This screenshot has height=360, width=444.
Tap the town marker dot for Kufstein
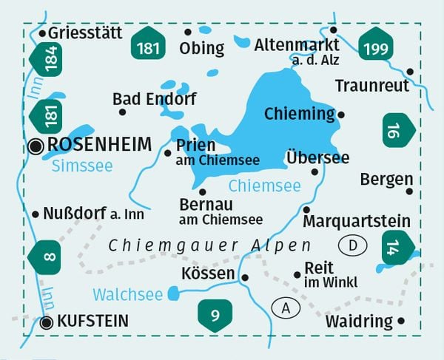(x=47, y=322)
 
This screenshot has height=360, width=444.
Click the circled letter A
(x=285, y=307)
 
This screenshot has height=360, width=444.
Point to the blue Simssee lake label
(x=82, y=166)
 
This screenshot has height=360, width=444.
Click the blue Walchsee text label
(x=127, y=295)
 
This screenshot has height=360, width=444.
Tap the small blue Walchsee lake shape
(x=173, y=294)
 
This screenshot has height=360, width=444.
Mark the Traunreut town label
(x=371, y=86)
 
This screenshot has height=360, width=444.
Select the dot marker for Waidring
(x=402, y=321)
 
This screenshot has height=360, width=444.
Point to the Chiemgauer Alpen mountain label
(x=209, y=245)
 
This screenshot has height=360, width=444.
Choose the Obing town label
(x=201, y=49)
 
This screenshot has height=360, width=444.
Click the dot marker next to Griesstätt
(x=43, y=33)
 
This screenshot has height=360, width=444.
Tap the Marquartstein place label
(x=357, y=221)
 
